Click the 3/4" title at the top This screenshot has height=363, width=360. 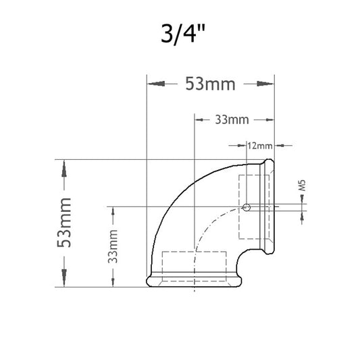(183, 34)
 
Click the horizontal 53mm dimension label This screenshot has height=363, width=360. (210, 84)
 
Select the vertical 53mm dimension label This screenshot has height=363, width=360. (64, 223)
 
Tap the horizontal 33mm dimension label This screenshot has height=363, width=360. (232, 119)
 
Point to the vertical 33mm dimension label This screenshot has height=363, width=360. (113, 246)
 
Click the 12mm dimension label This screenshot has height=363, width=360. (259, 146)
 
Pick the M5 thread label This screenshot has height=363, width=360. (302, 185)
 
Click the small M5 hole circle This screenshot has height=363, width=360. (247, 207)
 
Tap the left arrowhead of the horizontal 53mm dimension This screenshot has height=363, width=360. (156, 84)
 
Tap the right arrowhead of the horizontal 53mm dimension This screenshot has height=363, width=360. (265, 84)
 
